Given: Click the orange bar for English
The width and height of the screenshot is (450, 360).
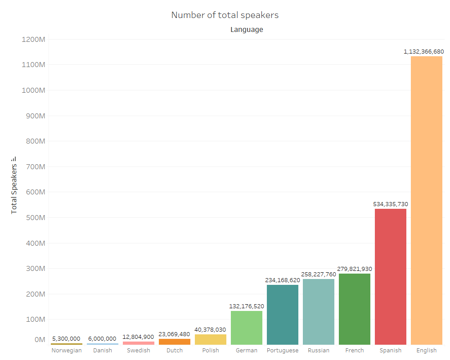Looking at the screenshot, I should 427,200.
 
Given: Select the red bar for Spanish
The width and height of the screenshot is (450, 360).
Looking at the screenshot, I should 391,277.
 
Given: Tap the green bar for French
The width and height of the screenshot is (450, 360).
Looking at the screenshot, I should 355,309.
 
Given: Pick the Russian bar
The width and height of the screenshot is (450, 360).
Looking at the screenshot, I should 319,312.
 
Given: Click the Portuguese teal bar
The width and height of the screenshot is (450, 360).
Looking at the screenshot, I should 283,315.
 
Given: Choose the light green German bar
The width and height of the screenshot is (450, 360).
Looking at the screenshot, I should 247,328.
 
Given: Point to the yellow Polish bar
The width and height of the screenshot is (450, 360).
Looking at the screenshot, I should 211,339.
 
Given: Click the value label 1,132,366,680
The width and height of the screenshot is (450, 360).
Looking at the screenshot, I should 424,51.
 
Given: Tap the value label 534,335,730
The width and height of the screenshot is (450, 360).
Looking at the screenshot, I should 391,204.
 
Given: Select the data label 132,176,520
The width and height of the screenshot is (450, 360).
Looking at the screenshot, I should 247,306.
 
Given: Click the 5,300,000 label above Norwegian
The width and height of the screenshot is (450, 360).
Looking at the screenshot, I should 66,338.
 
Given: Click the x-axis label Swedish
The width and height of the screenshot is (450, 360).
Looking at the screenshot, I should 139,350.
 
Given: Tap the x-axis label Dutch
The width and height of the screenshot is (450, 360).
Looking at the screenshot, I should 175,350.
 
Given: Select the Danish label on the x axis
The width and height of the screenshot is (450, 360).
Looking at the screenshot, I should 103,350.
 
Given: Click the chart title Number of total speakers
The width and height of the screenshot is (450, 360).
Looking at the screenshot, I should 225,15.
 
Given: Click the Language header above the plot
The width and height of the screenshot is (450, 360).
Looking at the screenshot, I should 247,30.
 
